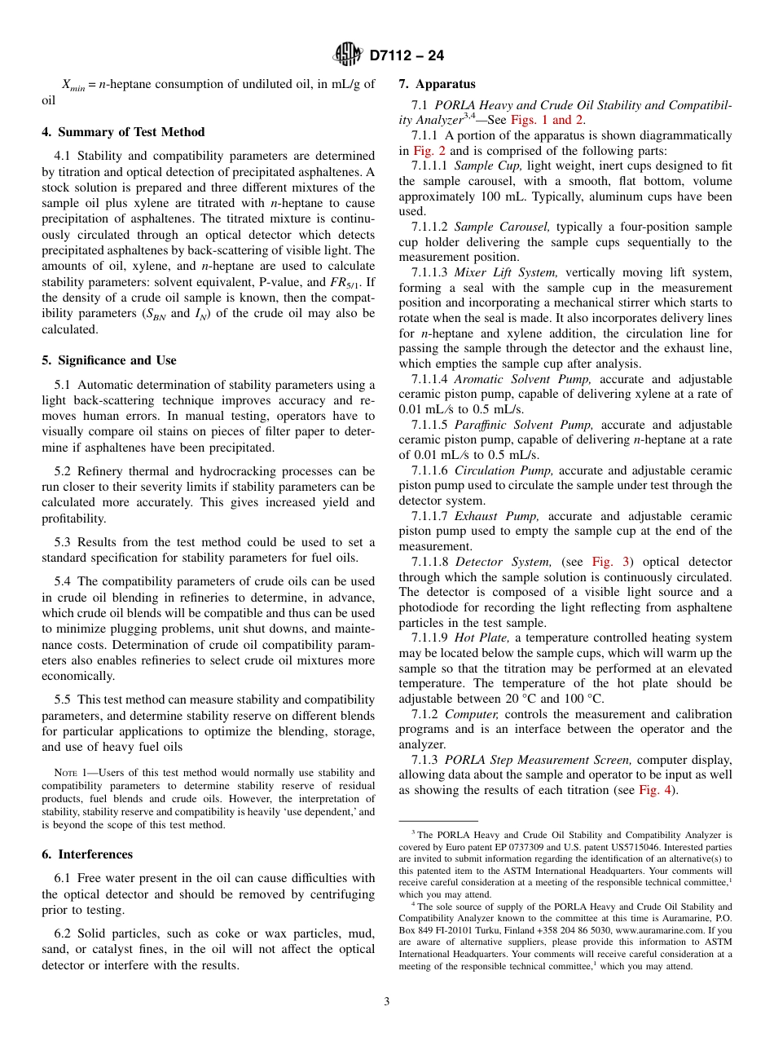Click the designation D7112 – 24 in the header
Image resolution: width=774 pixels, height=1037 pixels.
click(407, 56)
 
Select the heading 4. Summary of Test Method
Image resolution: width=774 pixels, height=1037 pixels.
click(123, 132)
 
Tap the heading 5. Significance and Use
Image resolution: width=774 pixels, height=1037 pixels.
click(109, 360)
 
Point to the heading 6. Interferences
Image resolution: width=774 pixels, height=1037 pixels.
click(87, 854)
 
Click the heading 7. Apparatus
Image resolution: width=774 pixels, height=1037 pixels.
click(437, 84)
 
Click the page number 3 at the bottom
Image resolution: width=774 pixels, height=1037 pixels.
click(387, 1002)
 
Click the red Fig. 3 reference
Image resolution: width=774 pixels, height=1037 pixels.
click(602, 562)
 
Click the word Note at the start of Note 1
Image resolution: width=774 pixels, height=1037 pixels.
click(65, 773)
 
